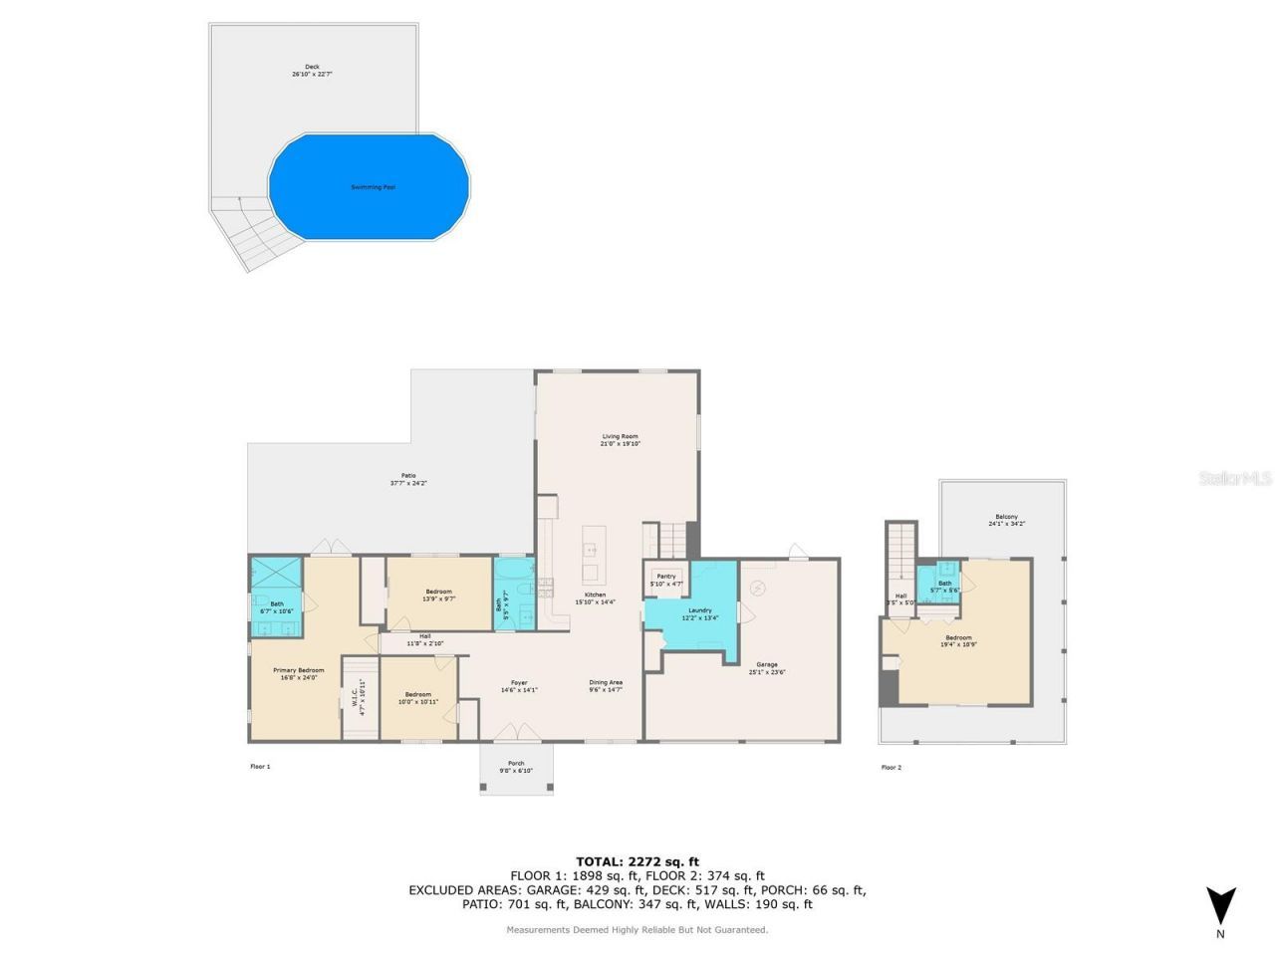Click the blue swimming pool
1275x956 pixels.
click(369, 187)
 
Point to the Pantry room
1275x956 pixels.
click(665, 580)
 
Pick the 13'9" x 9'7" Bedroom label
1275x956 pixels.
click(438, 596)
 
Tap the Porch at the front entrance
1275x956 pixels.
click(516, 767)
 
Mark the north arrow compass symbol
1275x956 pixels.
click(1220, 907)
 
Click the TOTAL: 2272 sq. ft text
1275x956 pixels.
click(637, 861)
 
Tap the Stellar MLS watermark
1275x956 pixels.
click(1234, 479)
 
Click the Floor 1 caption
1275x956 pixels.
click(260, 767)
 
